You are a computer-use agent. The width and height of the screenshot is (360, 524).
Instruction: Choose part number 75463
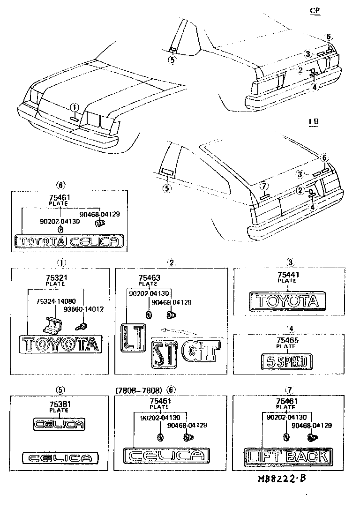pos(150,278)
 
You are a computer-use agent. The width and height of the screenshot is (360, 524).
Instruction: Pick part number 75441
pos(286,275)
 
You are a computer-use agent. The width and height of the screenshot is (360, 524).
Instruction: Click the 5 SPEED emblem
pos(286,361)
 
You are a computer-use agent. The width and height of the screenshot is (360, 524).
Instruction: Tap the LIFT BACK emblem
pos(288,456)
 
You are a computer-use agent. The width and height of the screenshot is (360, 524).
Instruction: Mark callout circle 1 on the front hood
pos(75,107)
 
